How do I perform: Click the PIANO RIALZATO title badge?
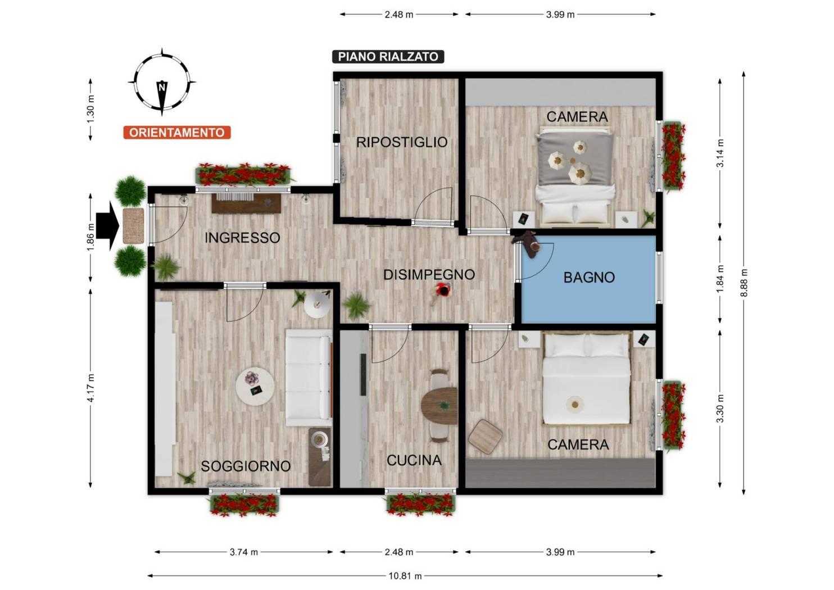coord(388,57)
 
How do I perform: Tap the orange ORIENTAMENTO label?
coord(177,133)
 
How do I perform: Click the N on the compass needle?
coord(162,88)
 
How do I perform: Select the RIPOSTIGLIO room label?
coord(402,142)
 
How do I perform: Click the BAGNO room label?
coord(589,278)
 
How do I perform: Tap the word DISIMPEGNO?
coord(429,275)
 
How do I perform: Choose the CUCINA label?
coord(414,460)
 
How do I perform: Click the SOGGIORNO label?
coord(246,466)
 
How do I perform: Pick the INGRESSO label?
coord(242,238)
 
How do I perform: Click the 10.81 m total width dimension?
coord(405,576)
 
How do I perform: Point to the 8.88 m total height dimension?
coord(744,283)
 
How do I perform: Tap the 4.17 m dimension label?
coord(90,388)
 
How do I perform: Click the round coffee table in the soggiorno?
coord(255,387)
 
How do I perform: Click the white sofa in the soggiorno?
coord(309,378)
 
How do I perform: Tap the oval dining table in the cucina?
coord(439,405)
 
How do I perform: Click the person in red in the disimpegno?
coord(441,293)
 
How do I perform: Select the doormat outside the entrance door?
coord(133,226)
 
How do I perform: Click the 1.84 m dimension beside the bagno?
coord(720,279)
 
